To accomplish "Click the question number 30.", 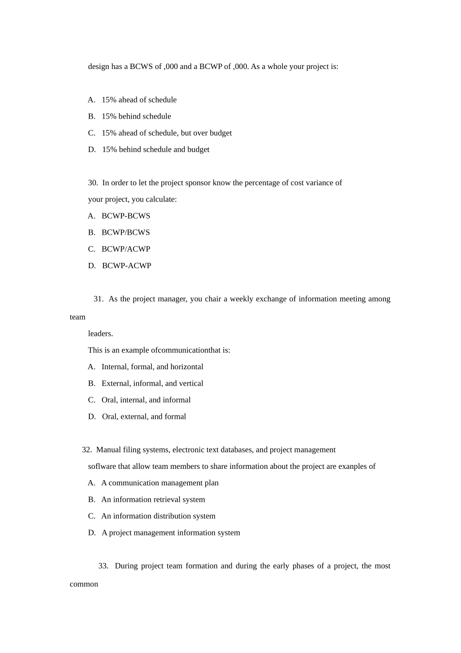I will tap(93, 183).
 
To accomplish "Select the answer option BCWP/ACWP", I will tap(126, 249).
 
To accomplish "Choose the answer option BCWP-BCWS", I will tap(126, 216).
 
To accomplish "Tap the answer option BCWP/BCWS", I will tap(126, 232).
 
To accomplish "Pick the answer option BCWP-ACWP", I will tap(126, 265).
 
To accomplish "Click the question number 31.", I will tap(98, 299).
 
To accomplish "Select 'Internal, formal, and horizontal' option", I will tap(152, 367).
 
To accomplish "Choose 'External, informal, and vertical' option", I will tap(152, 383).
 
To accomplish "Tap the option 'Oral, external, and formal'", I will tap(144, 416).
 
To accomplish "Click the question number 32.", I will tap(87, 450).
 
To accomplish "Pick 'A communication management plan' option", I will tap(160, 483).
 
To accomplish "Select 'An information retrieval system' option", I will tap(153, 499).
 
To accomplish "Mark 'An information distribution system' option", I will tap(158, 516).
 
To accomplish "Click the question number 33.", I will tap(103, 566).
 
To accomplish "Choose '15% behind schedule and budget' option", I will tap(155, 150).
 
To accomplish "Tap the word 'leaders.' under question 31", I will tap(100, 334).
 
